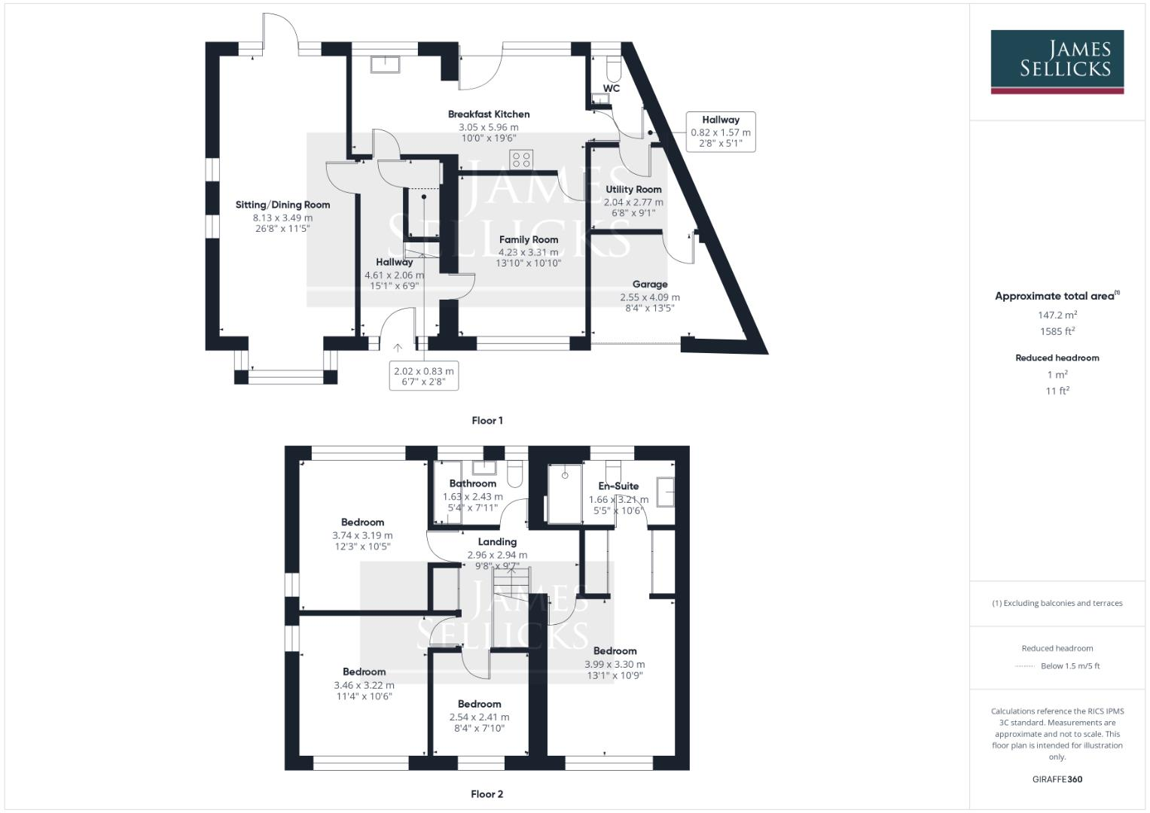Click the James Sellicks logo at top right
(1057, 61)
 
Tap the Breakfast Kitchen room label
(489, 114)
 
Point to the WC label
(612, 89)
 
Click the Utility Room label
(633, 190)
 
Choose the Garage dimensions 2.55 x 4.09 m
(649, 297)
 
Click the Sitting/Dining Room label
(282, 205)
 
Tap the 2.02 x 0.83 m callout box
(423, 376)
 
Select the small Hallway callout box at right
(721, 132)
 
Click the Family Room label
(529, 240)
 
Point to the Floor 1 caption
(487, 421)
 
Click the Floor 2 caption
(487, 794)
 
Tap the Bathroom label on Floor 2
(473, 484)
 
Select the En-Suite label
(618, 486)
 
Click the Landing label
(497, 542)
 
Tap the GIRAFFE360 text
(1057, 779)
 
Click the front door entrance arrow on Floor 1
(398, 347)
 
